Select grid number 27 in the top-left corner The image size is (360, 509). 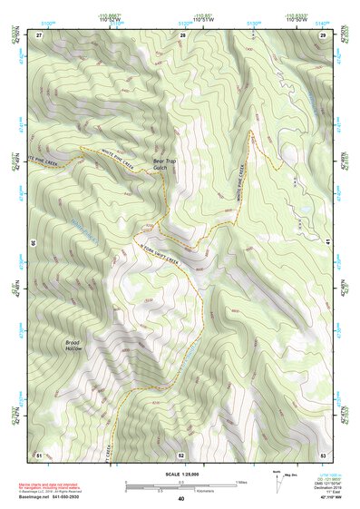[x=39, y=34]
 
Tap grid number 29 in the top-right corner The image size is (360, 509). [x=323, y=34]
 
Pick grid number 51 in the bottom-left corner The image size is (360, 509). [x=38, y=454]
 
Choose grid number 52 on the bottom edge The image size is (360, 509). [x=180, y=455]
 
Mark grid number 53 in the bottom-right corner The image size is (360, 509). [x=323, y=454]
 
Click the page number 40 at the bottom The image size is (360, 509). [x=180, y=498]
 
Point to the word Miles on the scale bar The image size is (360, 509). [x=241, y=482]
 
